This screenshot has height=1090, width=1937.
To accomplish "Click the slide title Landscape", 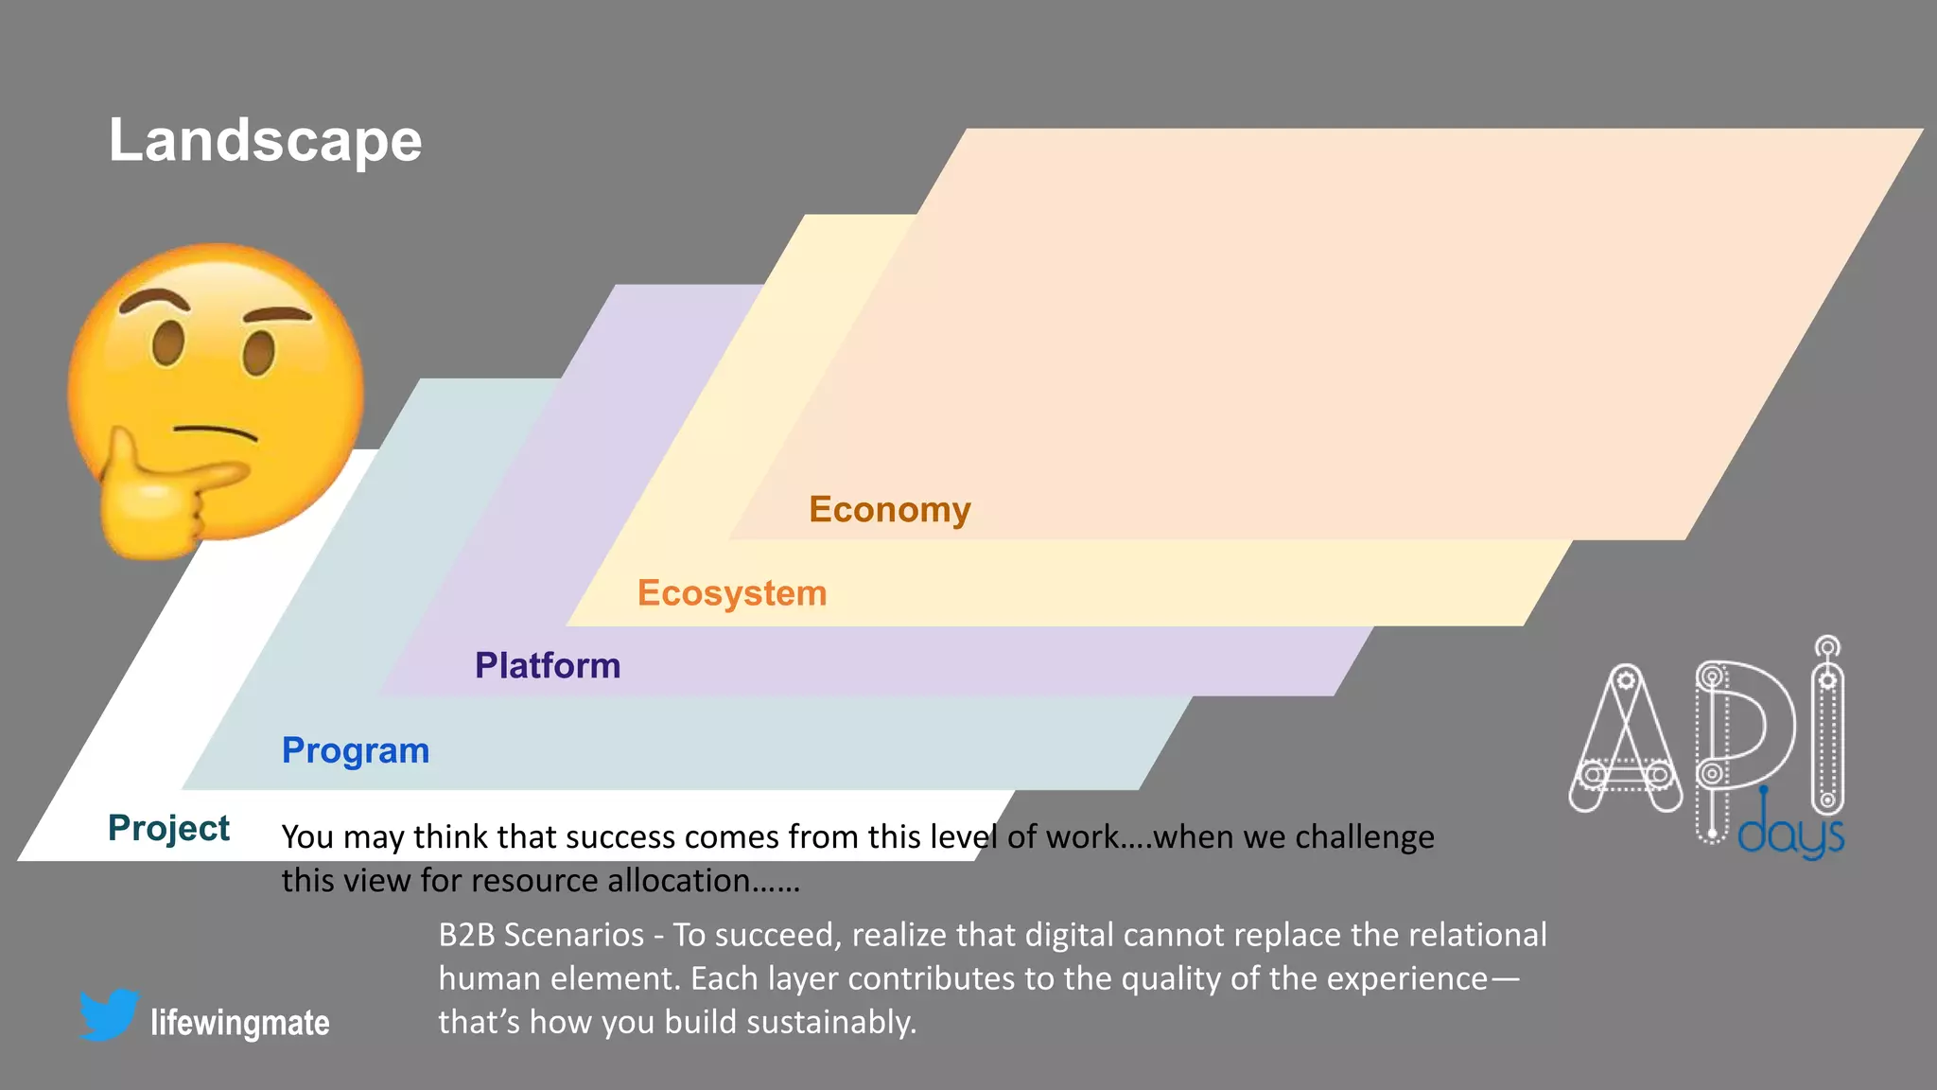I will click(265, 141).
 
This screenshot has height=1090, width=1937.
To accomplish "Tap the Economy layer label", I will click(889, 510).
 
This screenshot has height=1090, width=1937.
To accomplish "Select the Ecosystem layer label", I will click(731, 593).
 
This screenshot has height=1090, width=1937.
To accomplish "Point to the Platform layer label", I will click(548, 666).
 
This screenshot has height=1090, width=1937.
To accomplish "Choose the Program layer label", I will click(356, 750).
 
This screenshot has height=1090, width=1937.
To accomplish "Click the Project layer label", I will click(168, 828).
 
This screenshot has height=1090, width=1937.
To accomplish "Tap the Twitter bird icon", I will click(109, 1014).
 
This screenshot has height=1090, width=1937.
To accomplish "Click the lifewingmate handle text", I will click(240, 1024).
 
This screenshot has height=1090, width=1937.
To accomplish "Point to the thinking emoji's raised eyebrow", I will click(151, 301).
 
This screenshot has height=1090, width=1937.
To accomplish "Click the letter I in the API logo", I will click(1827, 729).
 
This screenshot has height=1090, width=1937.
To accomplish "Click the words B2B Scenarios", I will click(541, 935).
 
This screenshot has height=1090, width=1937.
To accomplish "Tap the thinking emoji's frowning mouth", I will click(216, 431).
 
